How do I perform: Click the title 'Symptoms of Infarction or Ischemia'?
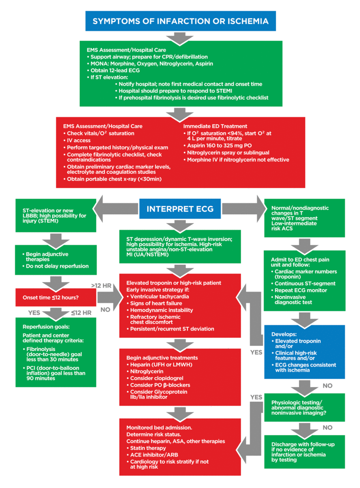coord(180,21)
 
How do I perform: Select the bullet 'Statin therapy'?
coord(148,448)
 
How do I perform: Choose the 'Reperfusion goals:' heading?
coord(45,326)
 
